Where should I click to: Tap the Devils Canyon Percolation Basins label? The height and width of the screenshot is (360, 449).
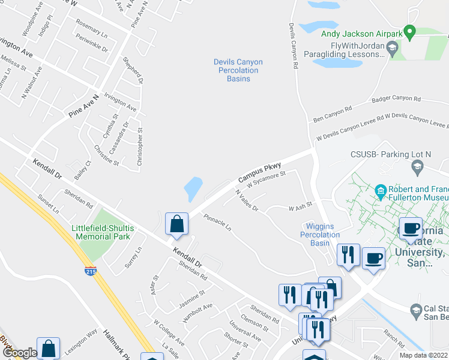click(x=238, y=70)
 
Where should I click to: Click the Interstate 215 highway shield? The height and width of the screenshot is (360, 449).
click(x=90, y=271)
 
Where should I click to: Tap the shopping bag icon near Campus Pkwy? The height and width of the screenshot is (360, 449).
click(x=176, y=225)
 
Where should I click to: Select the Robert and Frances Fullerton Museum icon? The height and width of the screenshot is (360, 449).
click(x=380, y=193)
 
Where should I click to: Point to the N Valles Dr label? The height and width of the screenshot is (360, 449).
click(x=246, y=200)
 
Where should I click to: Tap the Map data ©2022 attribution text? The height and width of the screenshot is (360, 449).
click(x=423, y=355)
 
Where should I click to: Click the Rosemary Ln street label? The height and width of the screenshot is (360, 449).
click(x=91, y=29)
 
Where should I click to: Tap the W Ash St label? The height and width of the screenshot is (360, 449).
click(x=300, y=208)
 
